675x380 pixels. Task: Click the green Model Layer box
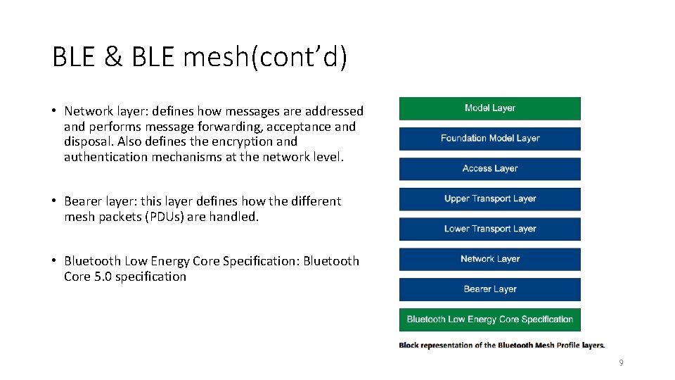[490, 108]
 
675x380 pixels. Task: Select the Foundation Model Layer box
[490, 139]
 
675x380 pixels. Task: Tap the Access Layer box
[490, 169]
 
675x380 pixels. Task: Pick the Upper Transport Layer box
[490, 199]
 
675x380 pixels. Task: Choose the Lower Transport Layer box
[490, 229]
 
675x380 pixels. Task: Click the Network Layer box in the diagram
[490, 259]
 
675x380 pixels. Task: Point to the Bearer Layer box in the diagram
[490, 289]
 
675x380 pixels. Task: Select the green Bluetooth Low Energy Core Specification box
[490, 319]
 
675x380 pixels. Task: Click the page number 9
[621, 363]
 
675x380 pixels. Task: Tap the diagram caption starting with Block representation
[501, 346]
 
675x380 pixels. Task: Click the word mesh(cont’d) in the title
[264, 58]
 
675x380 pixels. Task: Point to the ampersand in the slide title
[112, 58]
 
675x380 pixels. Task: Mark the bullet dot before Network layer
[53, 111]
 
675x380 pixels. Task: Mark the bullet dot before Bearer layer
[53, 201]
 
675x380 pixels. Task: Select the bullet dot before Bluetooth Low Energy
[53, 261]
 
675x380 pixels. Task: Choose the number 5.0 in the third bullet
[103, 277]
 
